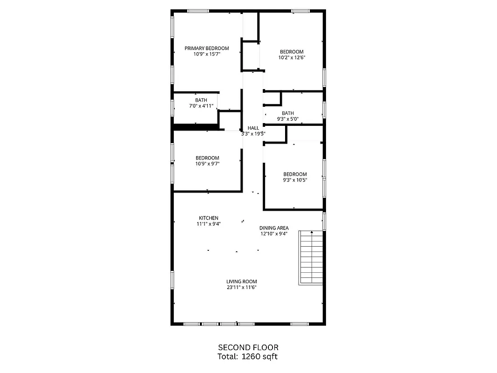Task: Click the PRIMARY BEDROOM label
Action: (x=206, y=48)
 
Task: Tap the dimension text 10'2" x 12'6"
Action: (x=291, y=58)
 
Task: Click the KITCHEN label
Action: (x=208, y=218)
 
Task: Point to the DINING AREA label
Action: (x=274, y=228)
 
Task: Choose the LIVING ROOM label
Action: (x=241, y=282)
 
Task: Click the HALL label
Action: (x=253, y=128)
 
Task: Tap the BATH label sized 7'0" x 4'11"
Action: (x=201, y=100)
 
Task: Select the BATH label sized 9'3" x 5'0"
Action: (x=288, y=113)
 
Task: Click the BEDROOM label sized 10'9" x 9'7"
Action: (x=207, y=158)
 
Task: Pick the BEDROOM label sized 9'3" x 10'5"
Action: (x=295, y=174)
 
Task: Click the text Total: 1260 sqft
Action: (x=248, y=357)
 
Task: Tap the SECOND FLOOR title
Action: (x=248, y=347)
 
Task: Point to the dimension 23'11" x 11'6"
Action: (x=241, y=287)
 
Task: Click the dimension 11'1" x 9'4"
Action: (x=208, y=224)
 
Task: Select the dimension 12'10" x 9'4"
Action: (x=274, y=234)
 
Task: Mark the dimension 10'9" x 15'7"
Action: (x=206, y=54)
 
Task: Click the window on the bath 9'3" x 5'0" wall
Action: (x=324, y=109)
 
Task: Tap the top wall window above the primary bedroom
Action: (x=198, y=11)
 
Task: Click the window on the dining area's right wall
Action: (x=324, y=221)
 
